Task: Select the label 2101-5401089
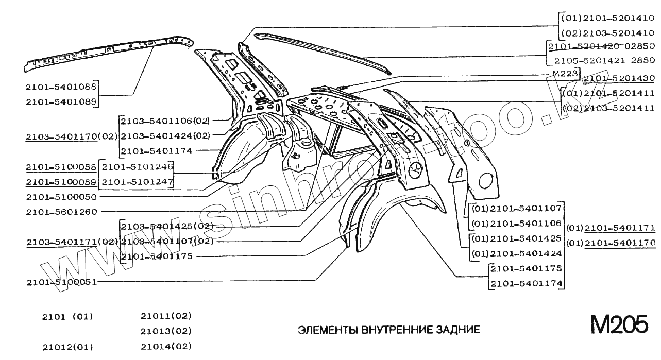tap(61, 102)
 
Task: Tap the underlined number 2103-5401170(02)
tap(72, 137)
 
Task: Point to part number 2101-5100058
tap(61, 167)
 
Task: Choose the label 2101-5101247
tap(137, 182)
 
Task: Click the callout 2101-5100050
tap(61, 197)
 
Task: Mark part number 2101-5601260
tap(61, 212)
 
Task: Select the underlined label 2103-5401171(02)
tap(72, 242)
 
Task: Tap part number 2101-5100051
tap(61, 282)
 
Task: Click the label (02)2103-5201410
tap(608, 33)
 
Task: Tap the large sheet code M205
tap(619, 327)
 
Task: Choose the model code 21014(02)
tap(166, 346)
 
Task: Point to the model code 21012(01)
tap(67, 347)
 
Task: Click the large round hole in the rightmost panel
tap(486, 180)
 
